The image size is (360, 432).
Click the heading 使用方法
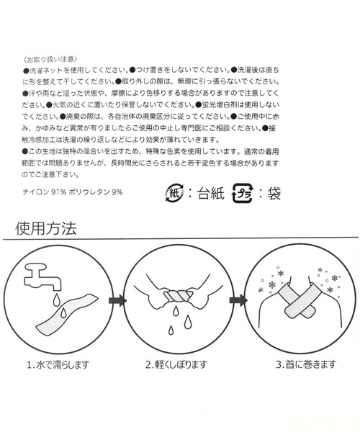(46, 228)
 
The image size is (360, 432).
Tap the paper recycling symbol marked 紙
(175, 192)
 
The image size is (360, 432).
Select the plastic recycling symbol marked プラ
(242, 193)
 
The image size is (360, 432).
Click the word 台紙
(211, 193)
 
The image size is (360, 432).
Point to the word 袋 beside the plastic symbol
(274, 193)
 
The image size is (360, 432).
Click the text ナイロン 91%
(44, 192)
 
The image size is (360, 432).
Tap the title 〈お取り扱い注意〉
(50, 59)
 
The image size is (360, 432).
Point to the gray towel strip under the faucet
(67, 315)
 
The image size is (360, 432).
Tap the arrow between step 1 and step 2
(117, 300)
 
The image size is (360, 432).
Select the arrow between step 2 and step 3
(238, 300)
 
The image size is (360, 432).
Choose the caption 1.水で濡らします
(58, 364)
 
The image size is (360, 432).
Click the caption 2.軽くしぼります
(176, 364)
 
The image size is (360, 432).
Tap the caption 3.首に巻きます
(306, 364)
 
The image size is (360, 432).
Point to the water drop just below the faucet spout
(56, 300)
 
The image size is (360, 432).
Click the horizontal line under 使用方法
(181, 238)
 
